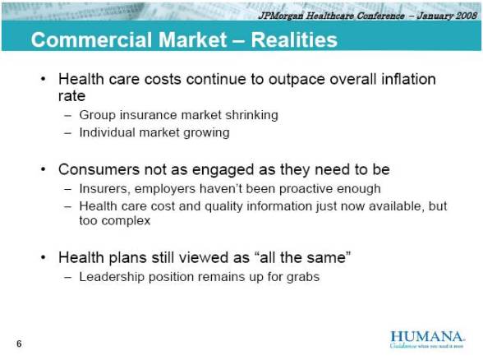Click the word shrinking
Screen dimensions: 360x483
point(248,115)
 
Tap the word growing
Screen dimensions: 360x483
point(205,132)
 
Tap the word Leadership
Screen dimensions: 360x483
point(113,277)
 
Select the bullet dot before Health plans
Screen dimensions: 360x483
point(44,259)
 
